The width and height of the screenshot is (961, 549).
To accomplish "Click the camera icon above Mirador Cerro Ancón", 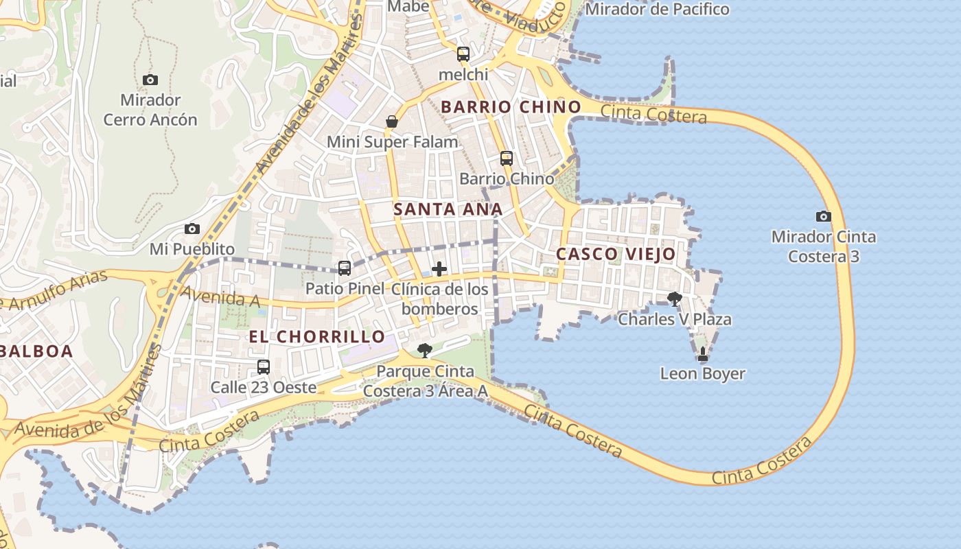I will pyautogui.click(x=150, y=80).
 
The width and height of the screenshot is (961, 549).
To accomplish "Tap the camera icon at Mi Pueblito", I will pyautogui.click(x=192, y=229).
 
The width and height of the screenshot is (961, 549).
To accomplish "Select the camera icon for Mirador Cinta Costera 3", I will pyautogui.click(x=824, y=216).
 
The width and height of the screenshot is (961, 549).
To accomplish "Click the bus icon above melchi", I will pyautogui.click(x=463, y=54).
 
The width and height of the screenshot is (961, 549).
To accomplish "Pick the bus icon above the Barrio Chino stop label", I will pyautogui.click(x=507, y=159).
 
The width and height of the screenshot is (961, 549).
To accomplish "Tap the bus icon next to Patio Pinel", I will pyautogui.click(x=345, y=268).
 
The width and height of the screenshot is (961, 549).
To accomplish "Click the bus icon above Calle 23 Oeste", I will pyautogui.click(x=264, y=367).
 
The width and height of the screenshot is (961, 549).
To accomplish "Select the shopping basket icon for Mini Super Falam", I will pyautogui.click(x=392, y=121).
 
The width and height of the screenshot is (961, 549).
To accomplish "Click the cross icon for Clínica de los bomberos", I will pyautogui.click(x=439, y=269).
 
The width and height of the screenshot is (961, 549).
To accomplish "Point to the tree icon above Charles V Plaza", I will pyautogui.click(x=675, y=299).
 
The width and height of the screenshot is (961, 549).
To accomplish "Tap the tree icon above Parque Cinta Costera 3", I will pyautogui.click(x=425, y=351).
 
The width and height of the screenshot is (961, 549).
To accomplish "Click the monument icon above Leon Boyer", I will pyautogui.click(x=702, y=354).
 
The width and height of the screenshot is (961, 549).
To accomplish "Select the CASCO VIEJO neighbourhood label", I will pyautogui.click(x=616, y=254).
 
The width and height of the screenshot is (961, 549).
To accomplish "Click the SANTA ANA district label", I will pyautogui.click(x=448, y=209).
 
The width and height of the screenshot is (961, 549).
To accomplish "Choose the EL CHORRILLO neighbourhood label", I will pyautogui.click(x=316, y=336).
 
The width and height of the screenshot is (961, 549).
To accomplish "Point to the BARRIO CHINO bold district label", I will pyautogui.click(x=511, y=107).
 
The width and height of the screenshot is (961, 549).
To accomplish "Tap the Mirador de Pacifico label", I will pyautogui.click(x=657, y=9).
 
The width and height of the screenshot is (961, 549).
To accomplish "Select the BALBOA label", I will pyautogui.click(x=36, y=351).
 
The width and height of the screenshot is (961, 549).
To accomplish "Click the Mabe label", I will pyautogui.click(x=408, y=6).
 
